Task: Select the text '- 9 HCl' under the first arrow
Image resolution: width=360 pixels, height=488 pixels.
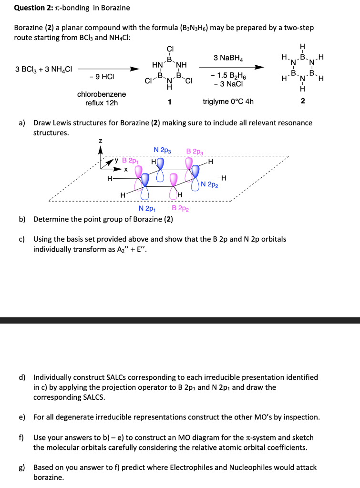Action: [101, 76]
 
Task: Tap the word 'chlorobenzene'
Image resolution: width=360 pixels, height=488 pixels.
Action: [102, 94]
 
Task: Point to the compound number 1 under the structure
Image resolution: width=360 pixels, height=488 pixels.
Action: [170, 102]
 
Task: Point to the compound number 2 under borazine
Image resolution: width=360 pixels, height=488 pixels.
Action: [303, 101]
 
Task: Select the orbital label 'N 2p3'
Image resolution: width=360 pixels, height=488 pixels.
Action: [163, 151]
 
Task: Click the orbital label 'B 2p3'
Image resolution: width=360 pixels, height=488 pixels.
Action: [195, 152]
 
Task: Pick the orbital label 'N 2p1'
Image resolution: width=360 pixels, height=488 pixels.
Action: [147, 209]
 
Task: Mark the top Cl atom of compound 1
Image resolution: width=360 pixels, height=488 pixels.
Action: [170, 48]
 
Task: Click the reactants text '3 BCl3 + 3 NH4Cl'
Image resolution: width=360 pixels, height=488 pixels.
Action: [43, 69]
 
